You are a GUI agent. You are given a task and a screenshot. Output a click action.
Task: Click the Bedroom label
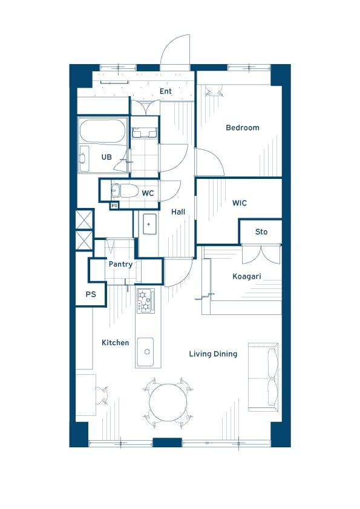coord(243,128)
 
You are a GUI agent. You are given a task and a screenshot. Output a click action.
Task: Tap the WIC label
coord(240,203)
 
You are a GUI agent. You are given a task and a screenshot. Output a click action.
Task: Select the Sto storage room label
coord(261,232)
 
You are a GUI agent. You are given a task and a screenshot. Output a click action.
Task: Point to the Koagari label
coord(247,277)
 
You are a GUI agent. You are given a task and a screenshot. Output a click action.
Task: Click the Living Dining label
coord(213,354)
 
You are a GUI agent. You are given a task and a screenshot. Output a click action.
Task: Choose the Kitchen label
coord(116,343)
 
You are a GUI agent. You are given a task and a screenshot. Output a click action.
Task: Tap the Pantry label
coord(120,264)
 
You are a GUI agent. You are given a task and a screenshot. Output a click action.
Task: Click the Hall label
coord(178,212)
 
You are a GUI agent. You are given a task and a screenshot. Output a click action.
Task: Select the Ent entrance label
coord(165,91)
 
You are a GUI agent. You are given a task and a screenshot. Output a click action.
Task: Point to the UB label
coord(106,157)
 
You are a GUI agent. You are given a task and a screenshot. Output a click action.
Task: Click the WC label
coord(148,193)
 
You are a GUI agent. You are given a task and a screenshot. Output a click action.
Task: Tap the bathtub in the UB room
coord(102,131)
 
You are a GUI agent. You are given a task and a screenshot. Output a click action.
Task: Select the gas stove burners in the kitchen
coord(145,300)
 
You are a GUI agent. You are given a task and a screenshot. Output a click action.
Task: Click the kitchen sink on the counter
coord(145,352)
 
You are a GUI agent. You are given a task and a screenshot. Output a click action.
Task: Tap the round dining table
coord(168,403)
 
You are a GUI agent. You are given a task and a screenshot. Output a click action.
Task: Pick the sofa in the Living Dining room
coord(264,377)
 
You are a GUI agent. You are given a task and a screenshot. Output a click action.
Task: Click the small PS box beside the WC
coord(114,206)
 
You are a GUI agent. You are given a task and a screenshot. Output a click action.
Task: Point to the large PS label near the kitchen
coord(91,294)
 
